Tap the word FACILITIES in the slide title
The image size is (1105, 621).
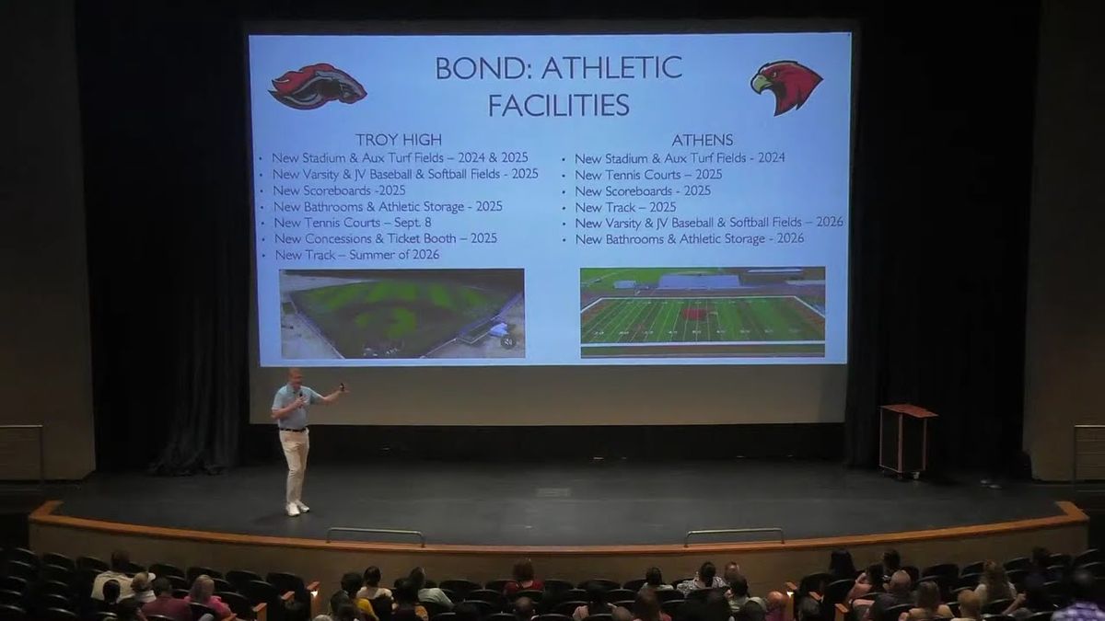pos(558,105)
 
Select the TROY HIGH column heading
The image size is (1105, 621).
pos(399,140)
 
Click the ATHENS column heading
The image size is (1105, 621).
pos(702,141)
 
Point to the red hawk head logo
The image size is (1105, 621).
pos(786,87)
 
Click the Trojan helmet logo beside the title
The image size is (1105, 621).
pos(317,86)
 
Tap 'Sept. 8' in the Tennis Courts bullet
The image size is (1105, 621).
pos(413,223)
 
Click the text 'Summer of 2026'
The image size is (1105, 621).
pos(394,255)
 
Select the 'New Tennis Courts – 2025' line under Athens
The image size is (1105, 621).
pos(648,175)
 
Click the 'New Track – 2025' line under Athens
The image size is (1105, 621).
pos(625,207)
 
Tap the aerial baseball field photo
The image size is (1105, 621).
pos(402,314)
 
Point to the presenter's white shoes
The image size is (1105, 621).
pos(297,508)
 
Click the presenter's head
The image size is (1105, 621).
pos(296,378)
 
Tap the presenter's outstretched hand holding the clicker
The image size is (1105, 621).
pos(342,388)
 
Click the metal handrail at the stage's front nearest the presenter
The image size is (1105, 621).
pos(375,533)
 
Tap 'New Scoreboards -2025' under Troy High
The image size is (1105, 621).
pos(339,190)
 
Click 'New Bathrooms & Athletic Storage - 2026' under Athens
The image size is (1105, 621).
pos(690,239)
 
